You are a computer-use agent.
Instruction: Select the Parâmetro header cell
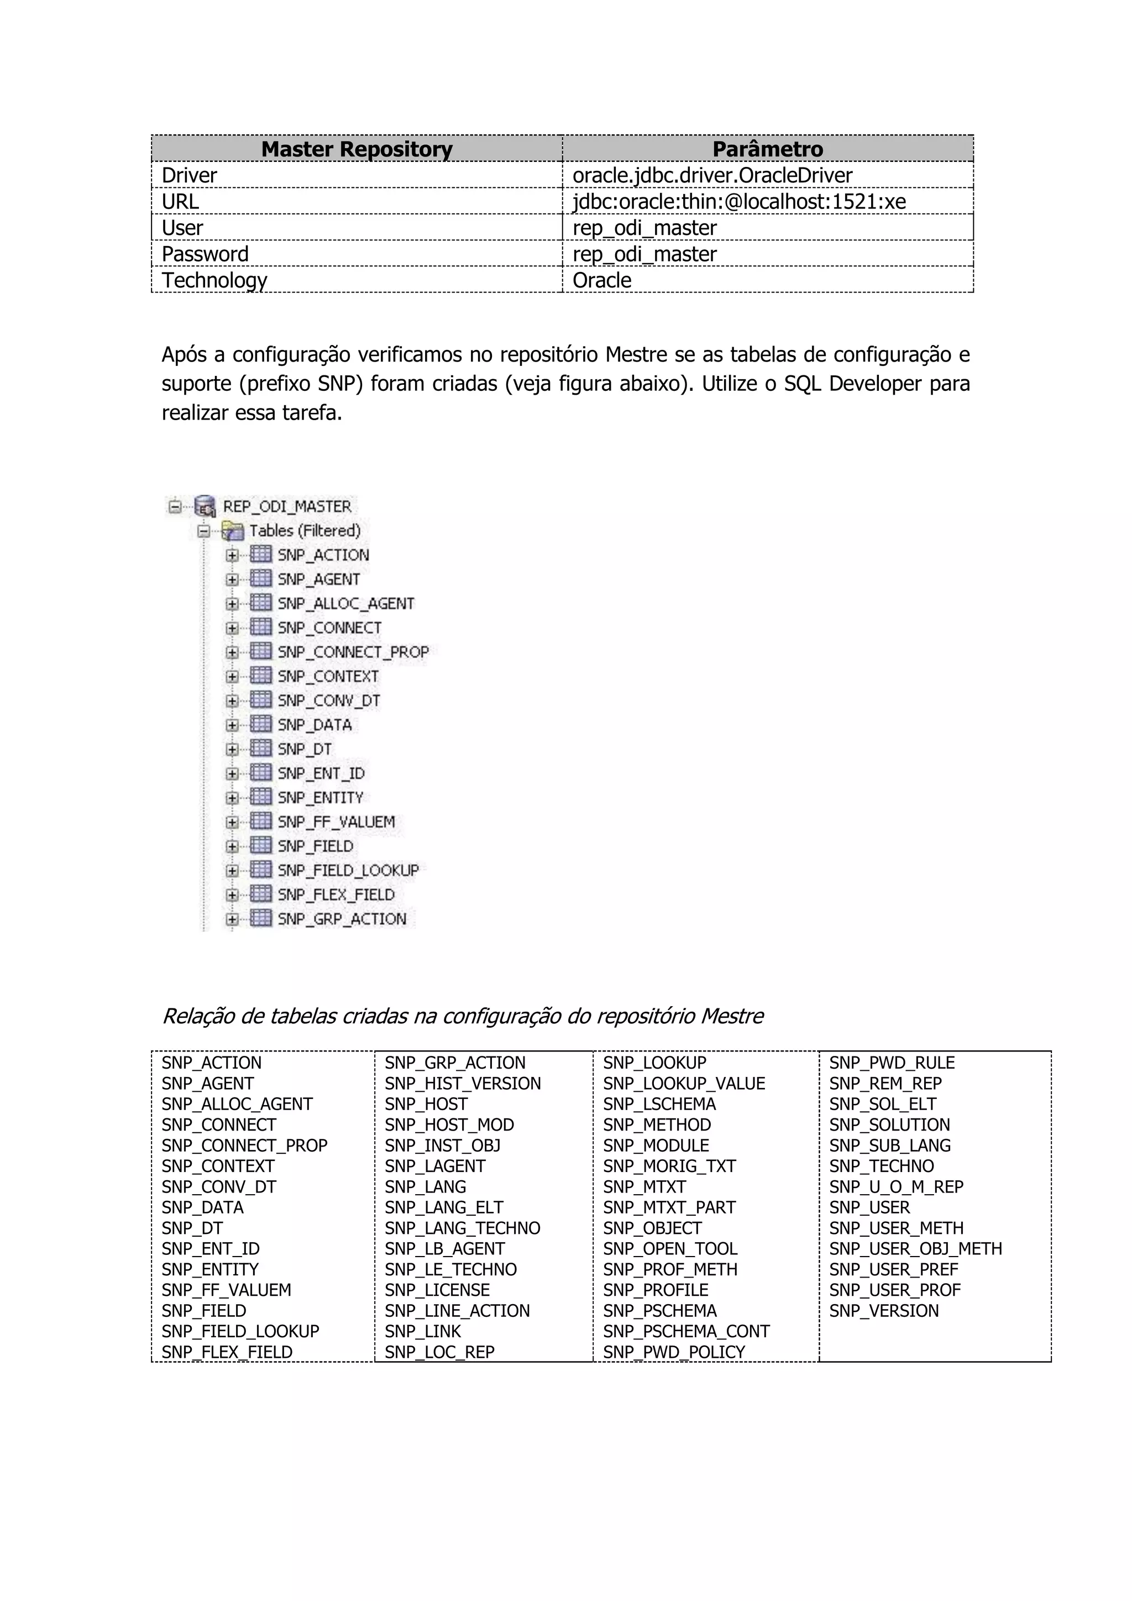click(767, 149)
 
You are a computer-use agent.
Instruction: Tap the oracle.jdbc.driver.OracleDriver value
click(712, 175)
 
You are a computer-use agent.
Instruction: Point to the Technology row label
click(214, 280)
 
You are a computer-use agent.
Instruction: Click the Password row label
click(205, 254)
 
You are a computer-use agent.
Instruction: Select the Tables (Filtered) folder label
click(305, 531)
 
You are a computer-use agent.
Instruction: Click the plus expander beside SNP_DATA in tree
click(232, 725)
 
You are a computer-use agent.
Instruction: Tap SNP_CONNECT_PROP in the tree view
click(353, 652)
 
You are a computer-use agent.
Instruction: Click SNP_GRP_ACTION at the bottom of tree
click(342, 919)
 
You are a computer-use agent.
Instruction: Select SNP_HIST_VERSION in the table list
click(462, 1084)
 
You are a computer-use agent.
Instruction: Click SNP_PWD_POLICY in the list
click(673, 1352)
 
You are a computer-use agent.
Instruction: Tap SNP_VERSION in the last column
click(883, 1311)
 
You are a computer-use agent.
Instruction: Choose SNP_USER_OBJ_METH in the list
click(915, 1249)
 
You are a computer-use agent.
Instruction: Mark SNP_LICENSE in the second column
click(437, 1290)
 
